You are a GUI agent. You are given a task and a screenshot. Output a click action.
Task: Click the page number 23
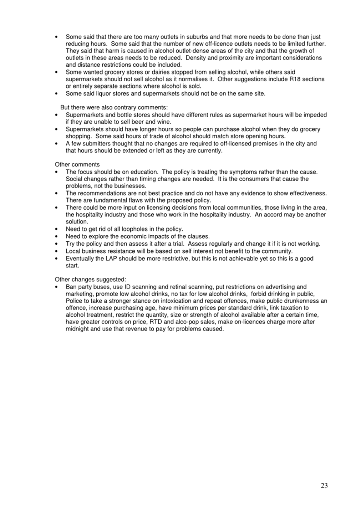[x=324, y=485]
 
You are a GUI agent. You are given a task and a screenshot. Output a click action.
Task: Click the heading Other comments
[x=77, y=164]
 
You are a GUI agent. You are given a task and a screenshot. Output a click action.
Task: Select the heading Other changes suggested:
[x=90, y=280]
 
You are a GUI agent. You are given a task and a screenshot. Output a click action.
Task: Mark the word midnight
[x=77, y=329]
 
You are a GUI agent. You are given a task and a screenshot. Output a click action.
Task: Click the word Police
[x=74, y=301]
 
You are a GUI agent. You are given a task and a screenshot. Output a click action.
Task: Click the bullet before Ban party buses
[x=57, y=287]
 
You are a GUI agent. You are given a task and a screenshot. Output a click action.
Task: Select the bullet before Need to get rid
[x=57, y=229]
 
